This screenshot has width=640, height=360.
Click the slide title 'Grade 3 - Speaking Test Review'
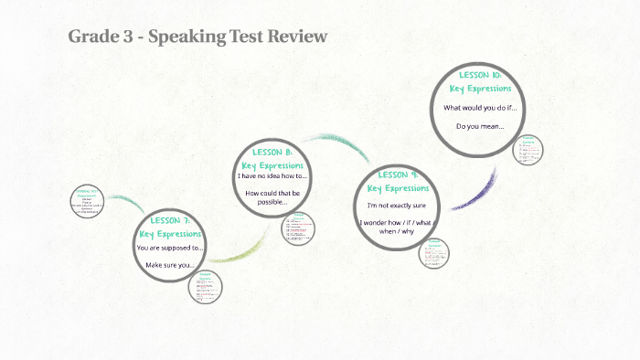(197, 37)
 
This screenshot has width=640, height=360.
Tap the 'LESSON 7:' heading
(170, 221)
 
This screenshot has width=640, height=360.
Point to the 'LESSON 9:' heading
(398, 175)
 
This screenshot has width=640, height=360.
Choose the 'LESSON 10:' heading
(480, 75)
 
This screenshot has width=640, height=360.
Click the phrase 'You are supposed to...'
(170, 248)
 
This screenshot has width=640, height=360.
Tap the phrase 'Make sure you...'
(170, 266)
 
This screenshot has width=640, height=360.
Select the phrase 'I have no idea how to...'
(272, 176)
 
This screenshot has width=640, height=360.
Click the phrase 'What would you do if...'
(480, 108)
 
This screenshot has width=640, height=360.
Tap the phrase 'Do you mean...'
(480, 126)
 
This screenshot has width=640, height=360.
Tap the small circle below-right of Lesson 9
(435, 251)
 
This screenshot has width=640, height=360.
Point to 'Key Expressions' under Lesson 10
(480, 89)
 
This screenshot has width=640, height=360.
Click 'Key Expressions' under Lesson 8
(272, 164)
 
